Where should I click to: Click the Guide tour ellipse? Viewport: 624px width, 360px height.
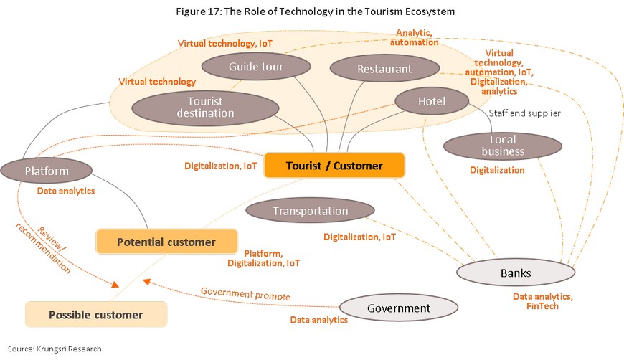pos(256,67)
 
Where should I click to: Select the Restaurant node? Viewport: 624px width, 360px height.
pos(384,69)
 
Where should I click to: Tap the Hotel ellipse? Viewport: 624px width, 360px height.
pos(432,101)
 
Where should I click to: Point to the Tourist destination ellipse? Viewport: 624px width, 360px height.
pos(205,108)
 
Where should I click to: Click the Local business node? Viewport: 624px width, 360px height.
pos(503,146)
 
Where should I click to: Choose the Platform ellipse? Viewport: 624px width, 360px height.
pos(47,171)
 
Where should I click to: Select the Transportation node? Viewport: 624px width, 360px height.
pos(310,211)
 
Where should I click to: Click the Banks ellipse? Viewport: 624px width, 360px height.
pos(516,273)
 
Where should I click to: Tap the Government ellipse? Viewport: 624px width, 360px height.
pos(398,308)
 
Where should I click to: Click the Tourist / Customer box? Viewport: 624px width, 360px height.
pos(334,166)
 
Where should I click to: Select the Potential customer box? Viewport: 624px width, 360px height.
pos(166,242)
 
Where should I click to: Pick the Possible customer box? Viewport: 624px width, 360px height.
pos(96,315)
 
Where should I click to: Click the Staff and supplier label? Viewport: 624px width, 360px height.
pos(524,113)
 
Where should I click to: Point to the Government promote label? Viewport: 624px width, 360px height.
pos(245,293)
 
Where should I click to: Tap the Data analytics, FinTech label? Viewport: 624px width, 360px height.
pos(542,301)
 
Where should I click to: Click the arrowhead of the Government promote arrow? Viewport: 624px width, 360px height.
pos(146,282)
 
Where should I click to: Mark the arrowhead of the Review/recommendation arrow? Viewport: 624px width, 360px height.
pos(115,284)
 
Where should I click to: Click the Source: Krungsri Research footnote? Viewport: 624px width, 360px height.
pos(55,349)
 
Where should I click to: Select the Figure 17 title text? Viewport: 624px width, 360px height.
pos(315,11)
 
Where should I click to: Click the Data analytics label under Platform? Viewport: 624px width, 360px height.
pos(66,191)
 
